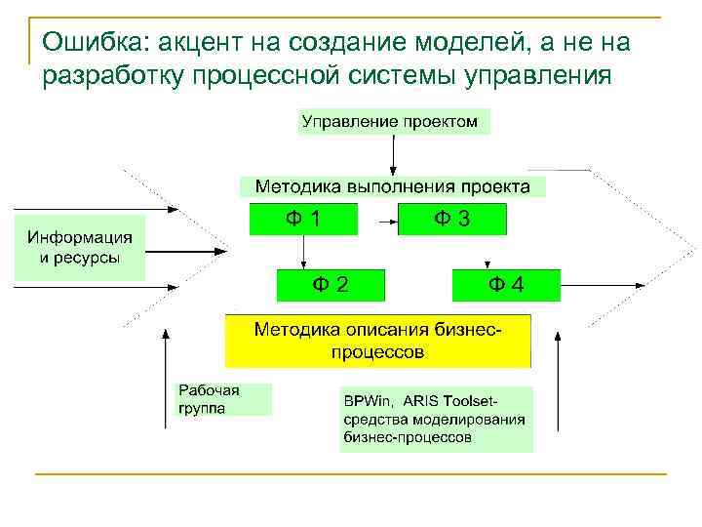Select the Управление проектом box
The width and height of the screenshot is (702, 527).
[392, 121]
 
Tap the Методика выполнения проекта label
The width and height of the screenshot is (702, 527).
[392, 185]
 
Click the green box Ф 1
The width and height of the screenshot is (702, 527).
[304, 220]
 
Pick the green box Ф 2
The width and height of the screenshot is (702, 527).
[331, 285]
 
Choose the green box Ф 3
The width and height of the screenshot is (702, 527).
[452, 220]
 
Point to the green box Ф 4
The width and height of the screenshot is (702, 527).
[506, 285]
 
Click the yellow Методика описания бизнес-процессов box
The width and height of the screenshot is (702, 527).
[378, 340]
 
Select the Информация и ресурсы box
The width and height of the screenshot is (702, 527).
[80, 248]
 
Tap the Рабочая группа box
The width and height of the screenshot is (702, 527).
[222, 398]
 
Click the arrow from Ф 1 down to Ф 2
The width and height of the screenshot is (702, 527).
[304, 252]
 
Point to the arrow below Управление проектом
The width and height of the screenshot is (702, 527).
[392, 153]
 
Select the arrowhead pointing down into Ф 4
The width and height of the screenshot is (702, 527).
[487, 265]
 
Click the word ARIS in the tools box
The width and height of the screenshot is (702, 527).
[418, 401]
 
